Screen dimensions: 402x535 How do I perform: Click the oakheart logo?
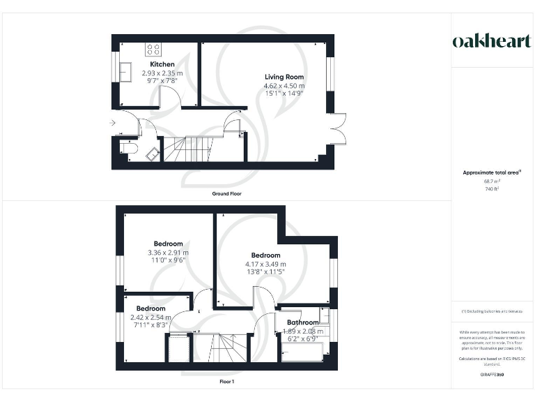point(491,41)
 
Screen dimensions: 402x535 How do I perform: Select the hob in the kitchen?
point(154,50)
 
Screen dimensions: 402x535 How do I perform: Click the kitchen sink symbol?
point(127,72)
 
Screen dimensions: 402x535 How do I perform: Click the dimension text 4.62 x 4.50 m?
point(284,86)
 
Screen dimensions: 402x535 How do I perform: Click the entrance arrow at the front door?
point(114,124)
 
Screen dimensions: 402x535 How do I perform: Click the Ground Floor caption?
point(227,193)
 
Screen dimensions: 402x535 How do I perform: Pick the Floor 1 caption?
point(227,382)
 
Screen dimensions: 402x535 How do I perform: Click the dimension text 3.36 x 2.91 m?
point(169,253)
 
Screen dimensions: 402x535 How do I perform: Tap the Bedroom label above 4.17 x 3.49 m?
point(265,255)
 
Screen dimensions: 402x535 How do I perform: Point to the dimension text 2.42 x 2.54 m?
point(150,317)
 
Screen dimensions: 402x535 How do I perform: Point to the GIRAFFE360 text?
point(491,375)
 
